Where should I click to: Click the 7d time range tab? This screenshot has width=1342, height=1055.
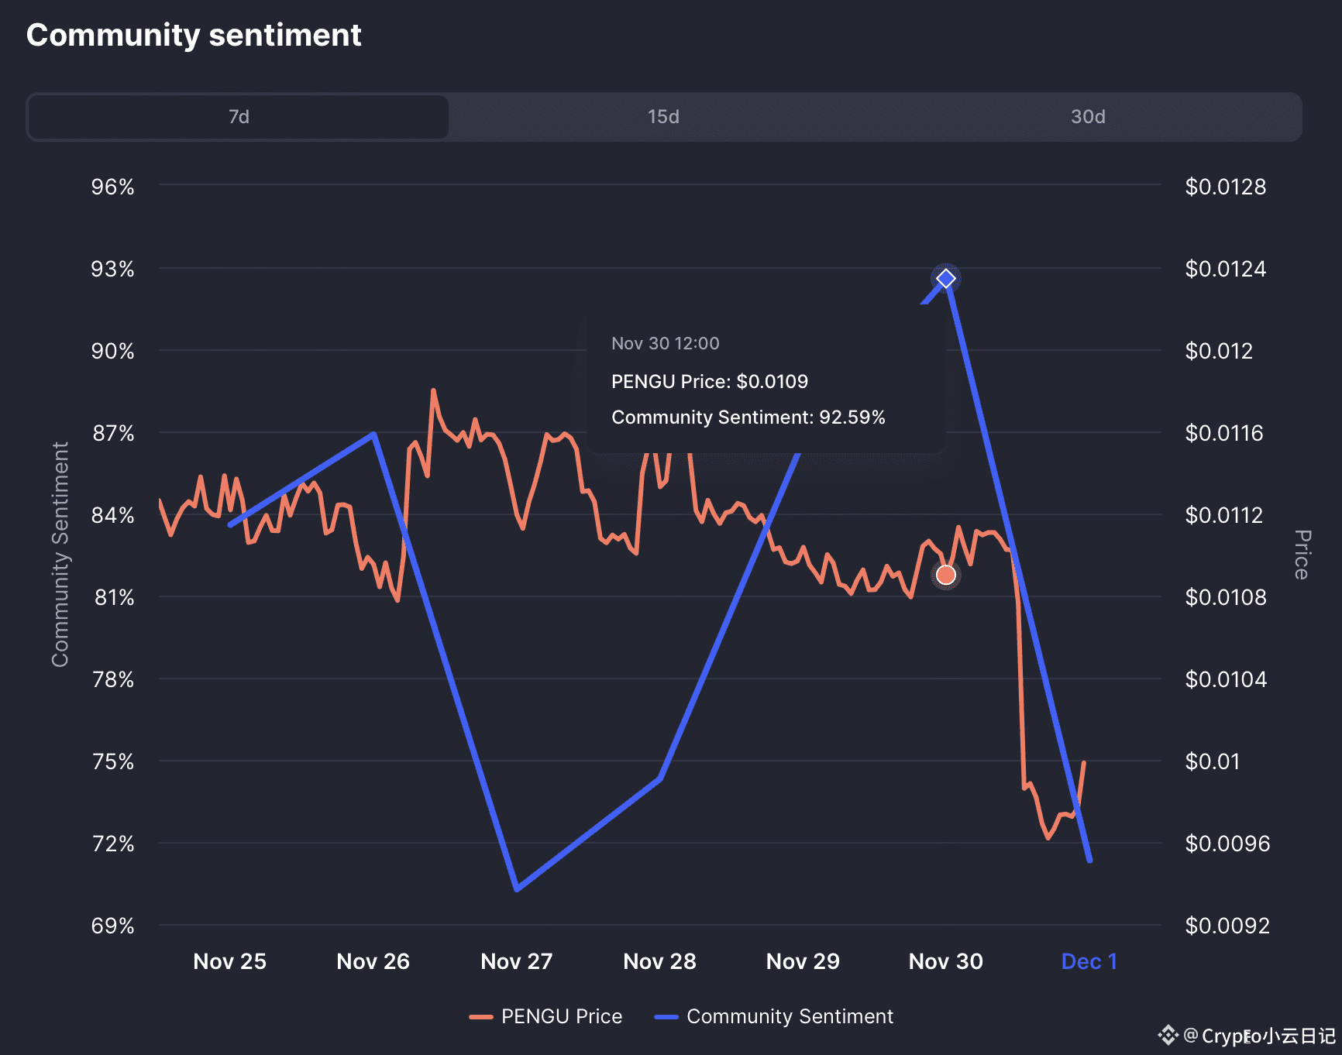(x=239, y=117)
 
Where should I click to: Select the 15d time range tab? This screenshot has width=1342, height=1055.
(x=663, y=117)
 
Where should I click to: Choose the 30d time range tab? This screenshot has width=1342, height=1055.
(x=1088, y=117)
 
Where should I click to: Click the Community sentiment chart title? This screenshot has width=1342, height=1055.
(x=194, y=36)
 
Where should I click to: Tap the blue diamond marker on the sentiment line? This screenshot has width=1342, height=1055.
(x=945, y=279)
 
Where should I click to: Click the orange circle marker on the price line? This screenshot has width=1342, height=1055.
(x=945, y=575)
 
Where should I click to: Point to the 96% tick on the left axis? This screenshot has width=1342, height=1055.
(x=113, y=187)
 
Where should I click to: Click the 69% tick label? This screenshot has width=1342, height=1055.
(x=113, y=926)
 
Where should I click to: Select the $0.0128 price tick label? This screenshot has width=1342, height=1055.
(x=1225, y=187)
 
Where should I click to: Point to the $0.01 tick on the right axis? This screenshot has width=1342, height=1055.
(x=1212, y=761)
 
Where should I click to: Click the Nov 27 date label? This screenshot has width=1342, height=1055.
(x=516, y=961)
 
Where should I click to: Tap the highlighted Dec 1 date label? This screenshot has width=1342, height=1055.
(x=1089, y=961)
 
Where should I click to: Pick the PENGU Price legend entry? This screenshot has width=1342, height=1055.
(x=546, y=1016)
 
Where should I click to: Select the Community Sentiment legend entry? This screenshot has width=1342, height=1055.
(x=775, y=1016)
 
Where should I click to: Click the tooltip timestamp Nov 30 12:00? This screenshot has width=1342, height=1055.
(x=665, y=343)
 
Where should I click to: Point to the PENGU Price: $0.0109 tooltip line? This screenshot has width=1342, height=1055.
(x=709, y=381)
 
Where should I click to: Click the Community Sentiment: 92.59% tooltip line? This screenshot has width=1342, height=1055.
(x=748, y=418)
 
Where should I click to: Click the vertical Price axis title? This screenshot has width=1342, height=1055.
(x=1302, y=555)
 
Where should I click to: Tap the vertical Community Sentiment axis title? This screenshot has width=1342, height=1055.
(x=60, y=555)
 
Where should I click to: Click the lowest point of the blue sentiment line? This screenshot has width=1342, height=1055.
(x=517, y=888)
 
